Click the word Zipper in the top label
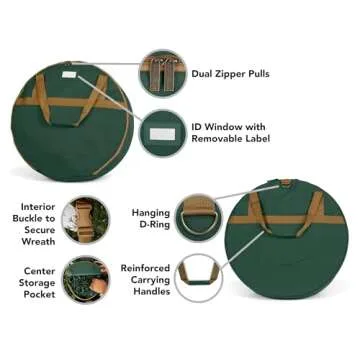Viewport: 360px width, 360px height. (226, 74)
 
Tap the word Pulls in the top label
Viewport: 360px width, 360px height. (256, 73)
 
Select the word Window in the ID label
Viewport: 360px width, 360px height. (223, 127)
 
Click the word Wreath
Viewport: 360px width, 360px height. (38, 241)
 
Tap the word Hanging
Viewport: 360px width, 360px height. (151, 213)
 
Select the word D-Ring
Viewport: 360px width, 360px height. (155, 224)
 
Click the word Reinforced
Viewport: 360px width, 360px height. (145, 268)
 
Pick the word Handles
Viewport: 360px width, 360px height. (152, 291)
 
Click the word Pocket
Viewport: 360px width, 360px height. (39, 294)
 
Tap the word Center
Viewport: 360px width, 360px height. (39, 271)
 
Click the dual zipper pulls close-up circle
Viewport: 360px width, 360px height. (162, 73)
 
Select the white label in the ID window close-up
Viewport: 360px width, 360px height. (162, 134)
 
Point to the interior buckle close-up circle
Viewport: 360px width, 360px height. (86, 220)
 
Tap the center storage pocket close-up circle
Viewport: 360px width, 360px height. (86, 279)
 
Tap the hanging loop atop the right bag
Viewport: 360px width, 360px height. (286, 183)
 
